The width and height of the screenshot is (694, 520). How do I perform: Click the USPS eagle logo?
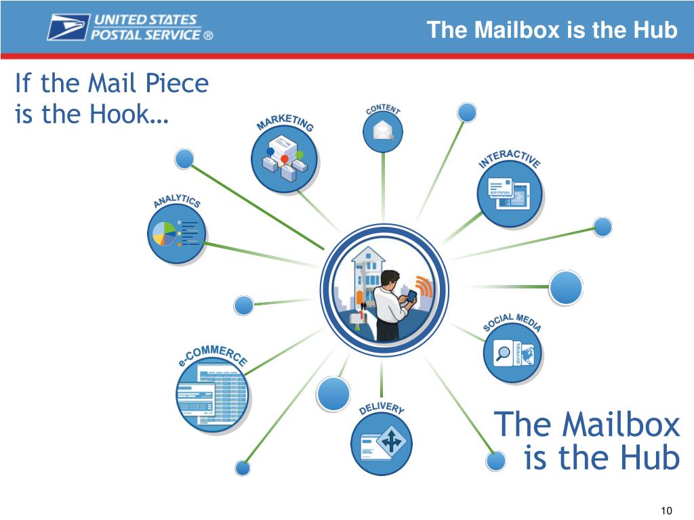(68, 27)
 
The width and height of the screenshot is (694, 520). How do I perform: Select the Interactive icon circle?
(510, 193)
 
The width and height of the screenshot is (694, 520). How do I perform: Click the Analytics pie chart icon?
(176, 234)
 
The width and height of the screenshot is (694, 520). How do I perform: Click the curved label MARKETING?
(285, 122)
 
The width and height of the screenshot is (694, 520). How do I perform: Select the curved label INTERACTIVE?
(510, 157)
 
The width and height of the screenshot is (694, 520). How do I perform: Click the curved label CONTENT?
(383, 108)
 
